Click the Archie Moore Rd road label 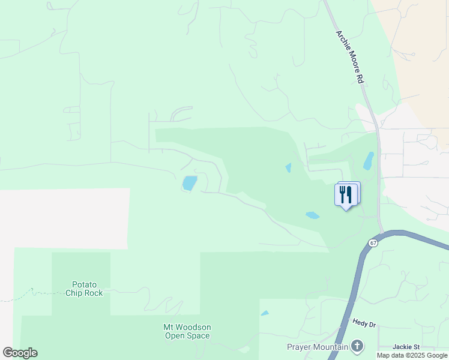click(x=350, y=58)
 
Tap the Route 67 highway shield click(x=373, y=243)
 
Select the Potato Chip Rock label click(x=88, y=289)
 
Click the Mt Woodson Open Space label click(x=187, y=331)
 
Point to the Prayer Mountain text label click(x=318, y=347)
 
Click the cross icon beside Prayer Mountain click(x=357, y=346)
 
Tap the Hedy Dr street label click(x=364, y=324)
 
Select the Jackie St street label click(x=406, y=347)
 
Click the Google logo click(x=20, y=352)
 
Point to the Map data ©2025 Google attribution click(x=412, y=355)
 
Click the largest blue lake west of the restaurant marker click(x=190, y=183)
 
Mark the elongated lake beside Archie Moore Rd click(x=368, y=161)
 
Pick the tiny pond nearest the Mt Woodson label click(x=265, y=313)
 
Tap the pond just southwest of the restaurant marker click(x=312, y=215)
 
